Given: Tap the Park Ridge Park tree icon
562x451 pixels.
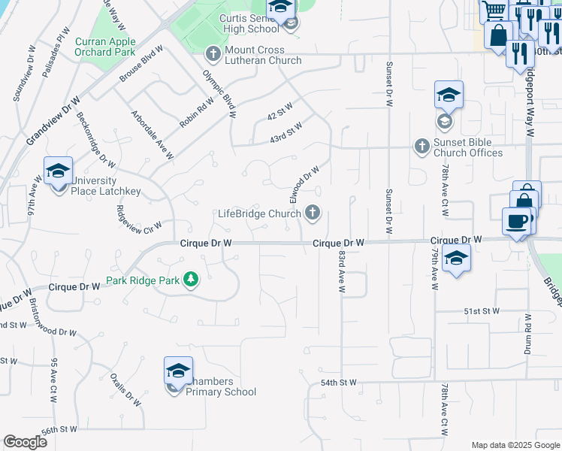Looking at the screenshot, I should pyautogui.click(x=191, y=280).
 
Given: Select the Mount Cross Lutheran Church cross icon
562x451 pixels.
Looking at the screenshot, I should pyautogui.click(x=213, y=54).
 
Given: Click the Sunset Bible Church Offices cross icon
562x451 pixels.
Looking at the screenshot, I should pyautogui.click(x=421, y=145).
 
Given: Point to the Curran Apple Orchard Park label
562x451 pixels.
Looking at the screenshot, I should pyautogui.click(x=105, y=47).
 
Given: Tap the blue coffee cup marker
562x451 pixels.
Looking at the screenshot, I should pyautogui.click(x=516, y=222).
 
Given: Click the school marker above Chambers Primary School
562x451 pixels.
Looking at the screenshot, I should pyautogui.click(x=178, y=371).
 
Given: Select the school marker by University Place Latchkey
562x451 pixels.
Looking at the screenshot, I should pyautogui.click(x=58, y=171).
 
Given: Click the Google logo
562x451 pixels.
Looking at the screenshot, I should pyautogui.click(x=25, y=442).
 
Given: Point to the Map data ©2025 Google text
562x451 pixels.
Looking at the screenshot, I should pyautogui.click(x=515, y=445).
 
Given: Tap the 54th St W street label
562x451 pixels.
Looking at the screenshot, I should pyautogui.click(x=339, y=383).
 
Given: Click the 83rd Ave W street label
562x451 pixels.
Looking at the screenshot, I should pyautogui.click(x=341, y=273).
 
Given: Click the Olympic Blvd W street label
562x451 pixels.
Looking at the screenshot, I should pyautogui.click(x=219, y=95).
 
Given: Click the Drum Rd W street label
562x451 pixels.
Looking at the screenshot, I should pyautogui.click(x=527, y=334).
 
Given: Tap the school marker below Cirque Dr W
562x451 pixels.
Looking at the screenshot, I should pyautogui.click(x=456, y=259).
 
